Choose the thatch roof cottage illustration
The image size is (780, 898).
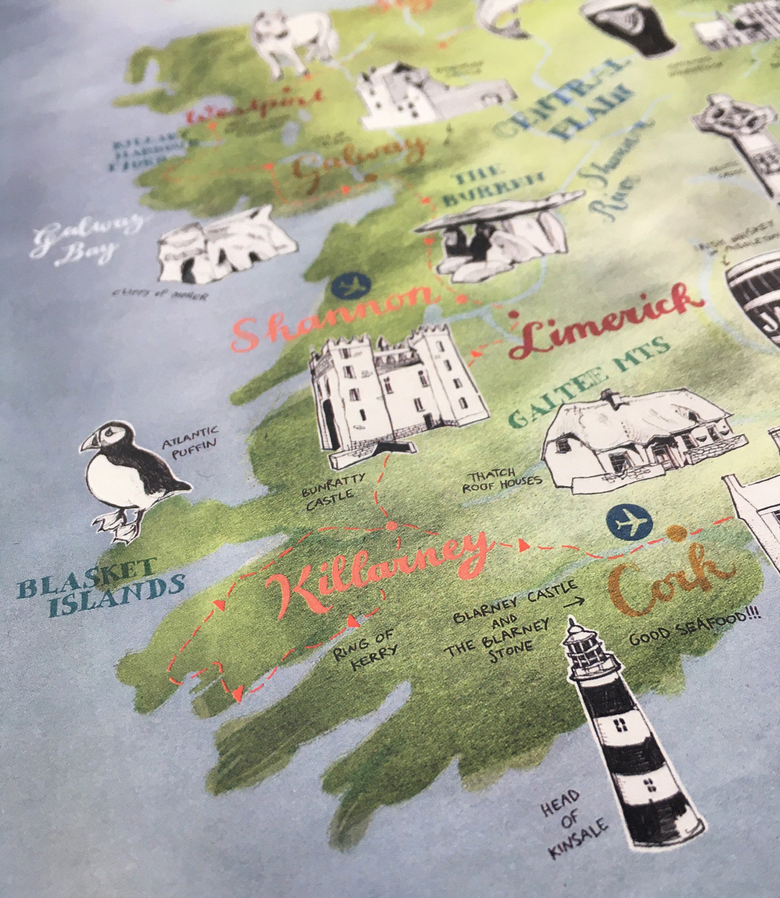pyautogui.click(x=639, y=437)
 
